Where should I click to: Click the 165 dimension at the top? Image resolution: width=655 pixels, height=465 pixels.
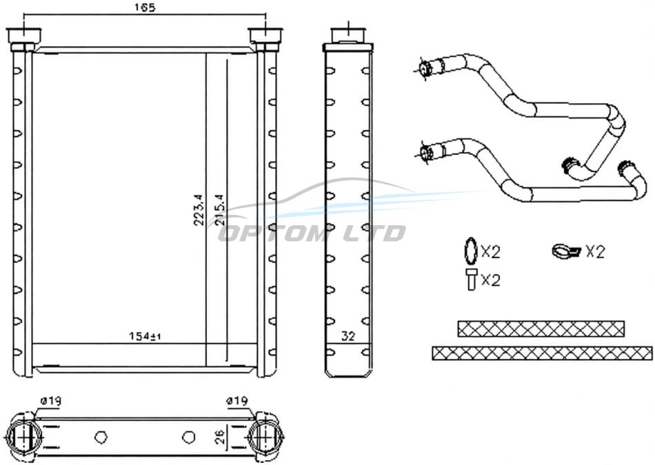tap(145, 8)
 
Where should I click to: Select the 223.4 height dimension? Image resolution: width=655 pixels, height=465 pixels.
tap(199, 210)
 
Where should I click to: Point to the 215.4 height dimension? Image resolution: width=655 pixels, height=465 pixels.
tap(220, 210)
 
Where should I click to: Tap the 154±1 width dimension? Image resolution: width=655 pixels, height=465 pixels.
tap(145, 336)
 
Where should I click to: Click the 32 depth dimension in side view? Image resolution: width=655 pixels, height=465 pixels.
tap(348, 336)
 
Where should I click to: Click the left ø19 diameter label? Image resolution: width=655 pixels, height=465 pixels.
tap(51, 401)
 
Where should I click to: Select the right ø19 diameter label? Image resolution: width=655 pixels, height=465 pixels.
tap(237, 401)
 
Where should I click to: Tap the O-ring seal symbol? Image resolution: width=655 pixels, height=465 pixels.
tap(470, 251)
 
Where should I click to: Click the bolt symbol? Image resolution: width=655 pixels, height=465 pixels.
tap(471, 280)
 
